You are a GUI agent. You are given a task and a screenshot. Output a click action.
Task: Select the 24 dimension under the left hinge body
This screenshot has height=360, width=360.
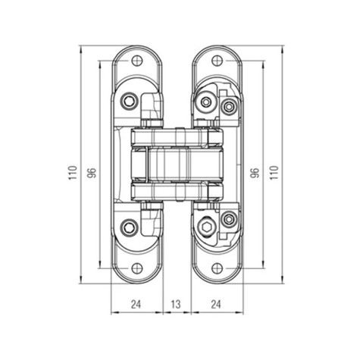[136, 304]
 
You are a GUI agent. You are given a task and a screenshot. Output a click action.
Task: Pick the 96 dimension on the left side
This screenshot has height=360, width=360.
[92, 172]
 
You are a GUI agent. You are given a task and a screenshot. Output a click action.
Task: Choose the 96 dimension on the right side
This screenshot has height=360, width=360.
[255, 172]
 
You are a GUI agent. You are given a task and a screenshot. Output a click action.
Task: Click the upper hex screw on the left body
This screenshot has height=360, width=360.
[131, 100]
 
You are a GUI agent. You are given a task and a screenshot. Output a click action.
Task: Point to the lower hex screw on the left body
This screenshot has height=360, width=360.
[131, 226]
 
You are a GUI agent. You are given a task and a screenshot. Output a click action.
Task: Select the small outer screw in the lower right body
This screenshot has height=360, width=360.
[227, 220]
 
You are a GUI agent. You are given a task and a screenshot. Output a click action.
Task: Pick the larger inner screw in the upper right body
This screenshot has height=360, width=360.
[206, 101]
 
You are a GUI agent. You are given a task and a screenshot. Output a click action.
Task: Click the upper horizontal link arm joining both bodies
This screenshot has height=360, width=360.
[177, 137]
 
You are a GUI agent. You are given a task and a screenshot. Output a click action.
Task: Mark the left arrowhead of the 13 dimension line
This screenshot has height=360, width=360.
[165, 311]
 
